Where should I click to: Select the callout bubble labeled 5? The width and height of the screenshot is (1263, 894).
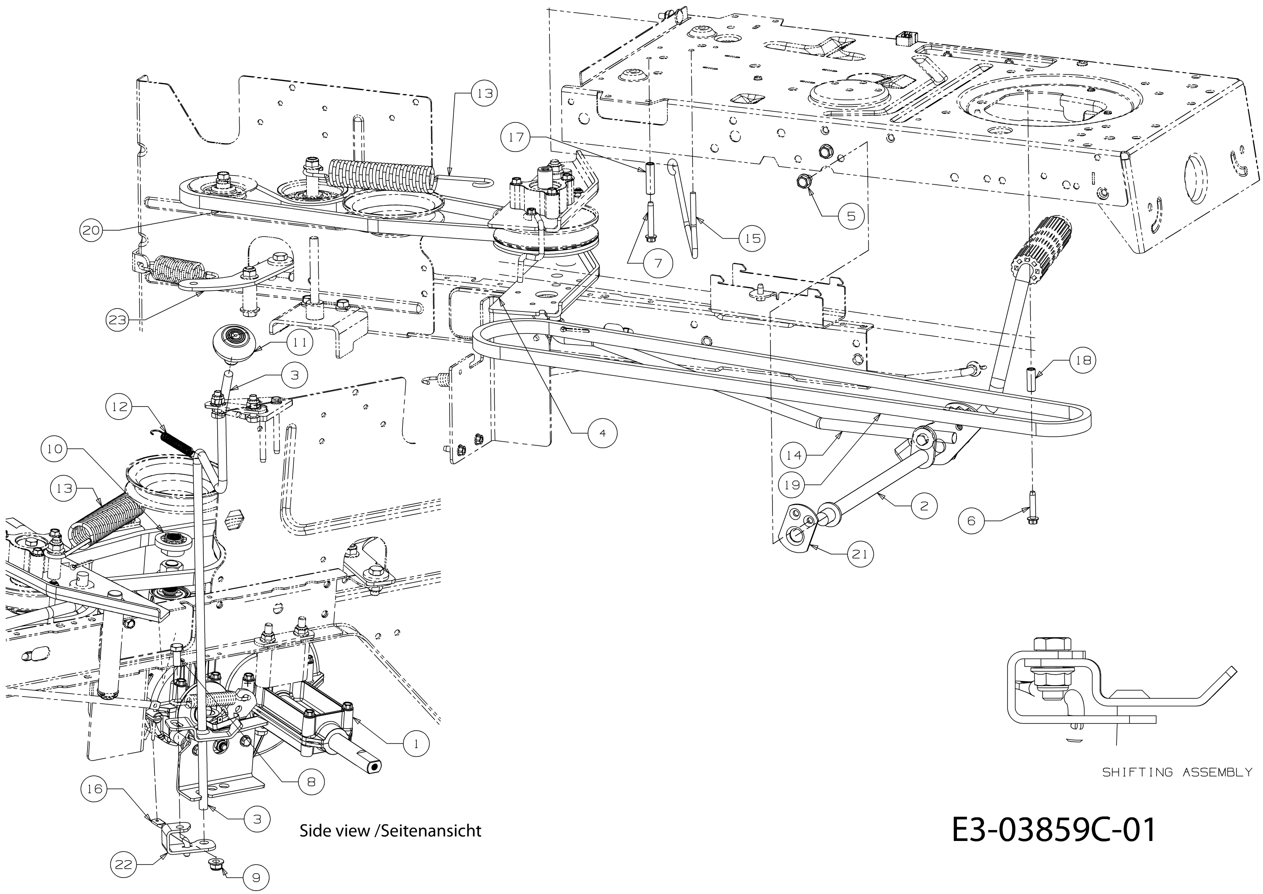(x=851, y=216)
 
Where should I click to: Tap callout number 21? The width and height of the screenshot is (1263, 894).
(x=859, y=554)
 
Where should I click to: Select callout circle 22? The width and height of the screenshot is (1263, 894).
(x=124, y=864)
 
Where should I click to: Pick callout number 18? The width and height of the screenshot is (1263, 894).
(x=1082, y=361)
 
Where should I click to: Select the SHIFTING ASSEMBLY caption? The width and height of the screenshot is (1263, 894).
(x=1177, y=772)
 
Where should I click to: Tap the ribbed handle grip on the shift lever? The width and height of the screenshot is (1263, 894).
(x=1045, y=249)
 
